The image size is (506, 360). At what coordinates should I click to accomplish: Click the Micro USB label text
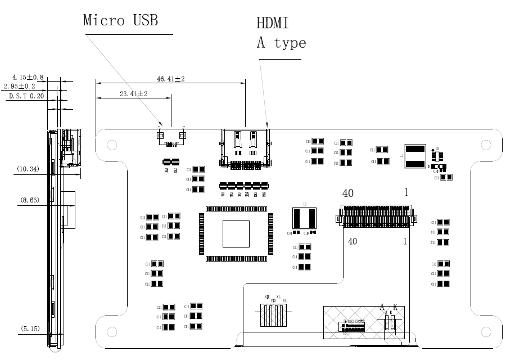pos(120,20)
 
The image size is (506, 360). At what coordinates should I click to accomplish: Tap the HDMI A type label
pos(281,33)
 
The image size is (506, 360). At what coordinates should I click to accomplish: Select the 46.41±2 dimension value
pos(171,79)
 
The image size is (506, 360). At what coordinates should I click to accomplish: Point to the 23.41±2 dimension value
pos(133,94)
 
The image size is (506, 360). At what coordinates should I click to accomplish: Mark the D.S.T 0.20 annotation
pos(26,96)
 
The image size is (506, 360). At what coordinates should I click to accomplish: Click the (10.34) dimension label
pos(28,169)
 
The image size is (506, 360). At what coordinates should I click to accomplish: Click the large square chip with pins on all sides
pos(236,233)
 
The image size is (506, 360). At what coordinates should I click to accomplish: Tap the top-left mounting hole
pos(112,145)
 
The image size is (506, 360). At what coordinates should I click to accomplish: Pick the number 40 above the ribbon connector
pos(348,193)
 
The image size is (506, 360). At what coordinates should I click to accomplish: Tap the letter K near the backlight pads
pos(395,307)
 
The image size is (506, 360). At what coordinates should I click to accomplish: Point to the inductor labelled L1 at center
pos(304,218)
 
